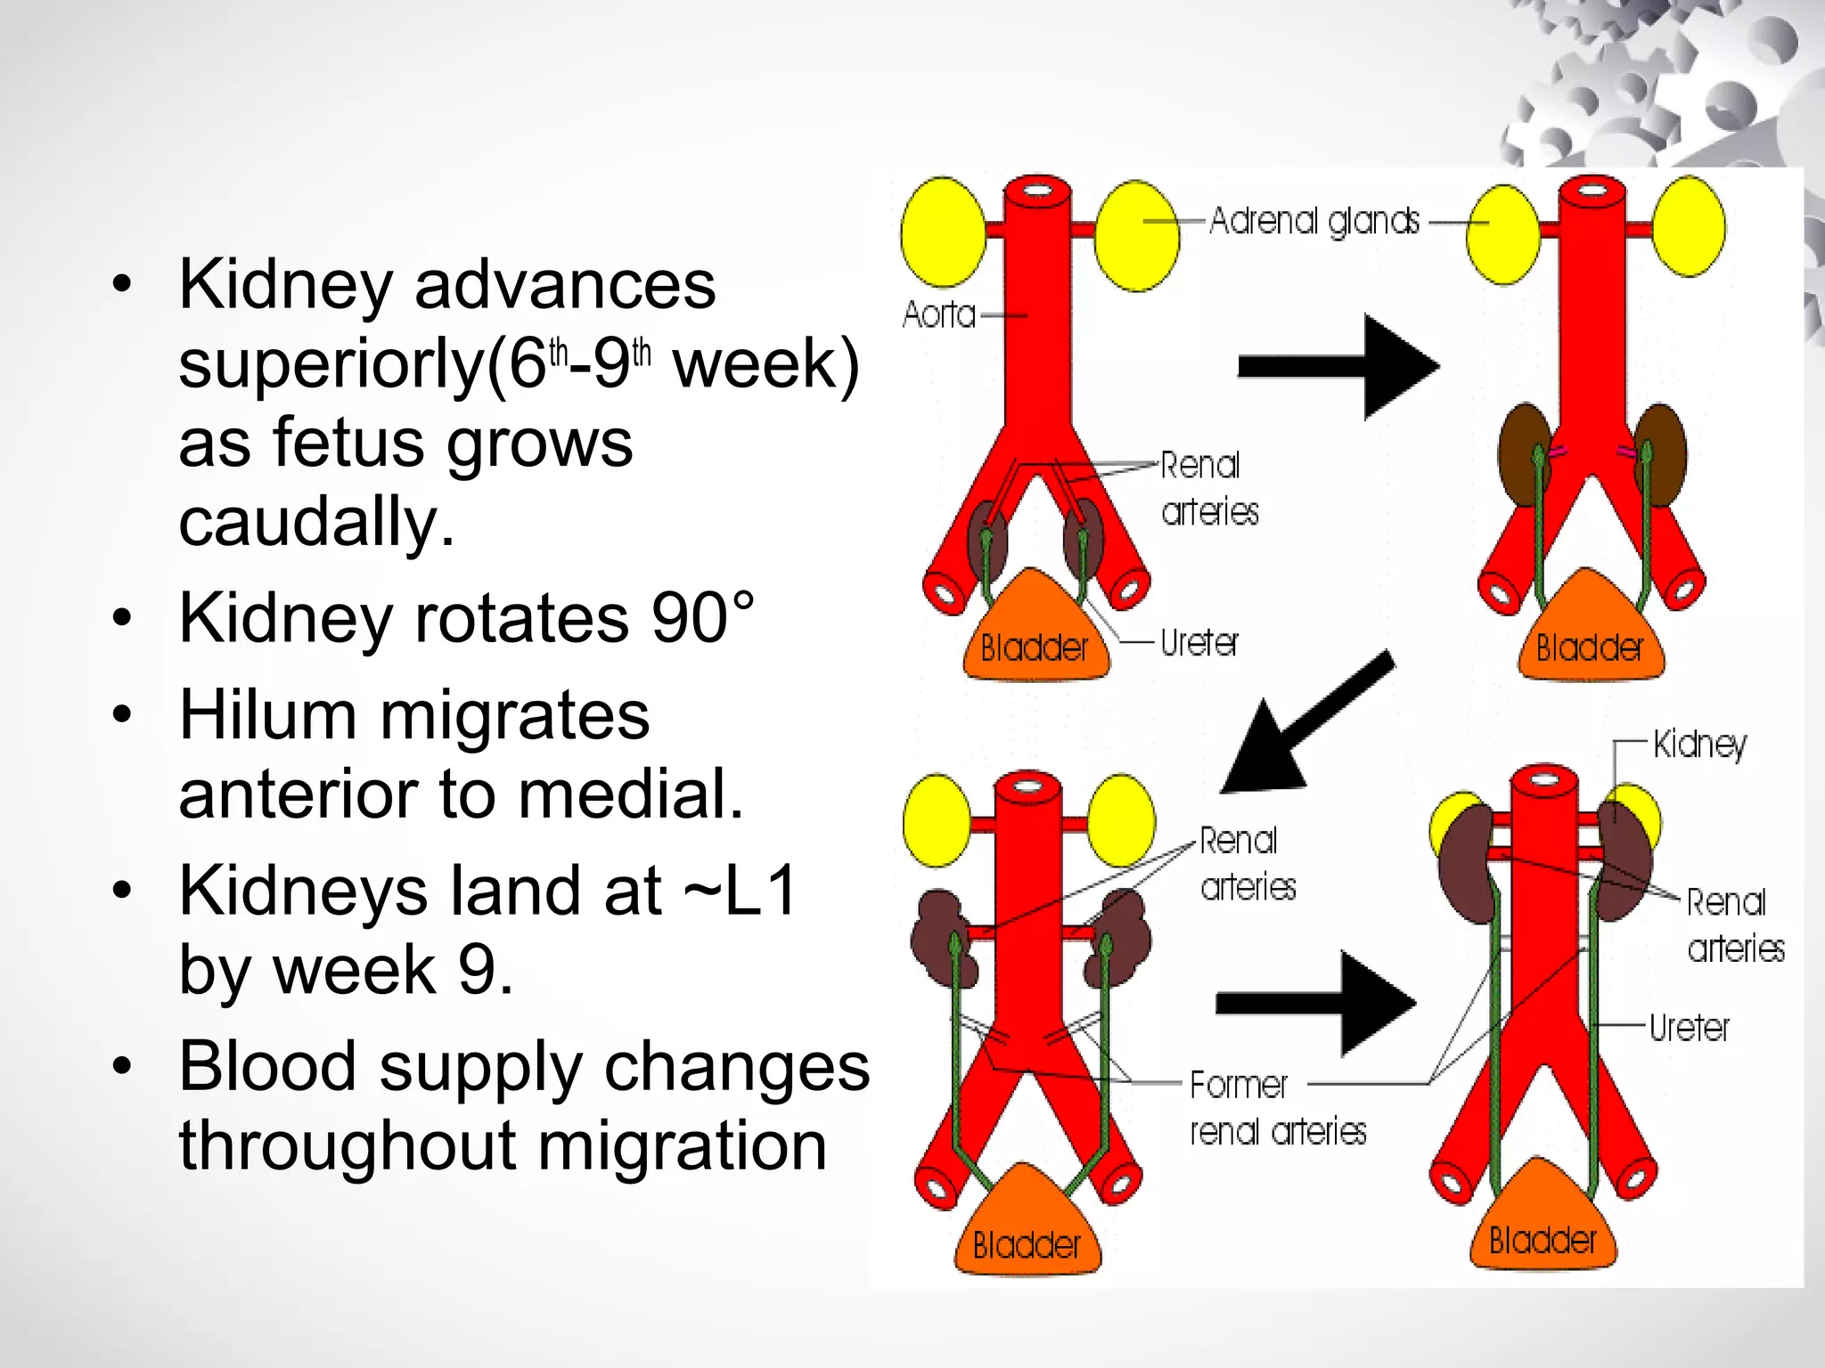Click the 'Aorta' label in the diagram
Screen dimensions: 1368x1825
(x=938, y=314)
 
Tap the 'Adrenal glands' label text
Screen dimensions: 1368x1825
(x=1314, y=221)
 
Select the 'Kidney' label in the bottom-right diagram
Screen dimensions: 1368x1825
(x=1699, y=744)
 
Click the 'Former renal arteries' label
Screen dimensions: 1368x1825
(x=1276, y=1108)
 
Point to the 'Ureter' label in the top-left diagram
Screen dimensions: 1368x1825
(x=1199, y=642)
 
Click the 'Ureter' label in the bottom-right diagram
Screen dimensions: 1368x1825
(x=1689, y=1028)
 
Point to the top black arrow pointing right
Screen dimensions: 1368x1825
(x=1337, y=366)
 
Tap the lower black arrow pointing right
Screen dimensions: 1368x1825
(x=1314, y=1004)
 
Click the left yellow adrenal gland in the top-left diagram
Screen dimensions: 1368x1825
(x=943, y=232)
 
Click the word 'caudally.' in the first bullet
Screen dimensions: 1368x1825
(x=316, y=522)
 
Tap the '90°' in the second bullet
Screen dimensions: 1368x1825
(x=703, y=617)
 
